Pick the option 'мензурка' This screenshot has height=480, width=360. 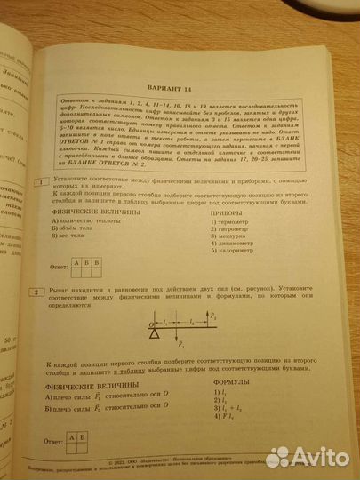[x=226, y=246]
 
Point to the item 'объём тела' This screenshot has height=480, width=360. [x=80, y=235]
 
